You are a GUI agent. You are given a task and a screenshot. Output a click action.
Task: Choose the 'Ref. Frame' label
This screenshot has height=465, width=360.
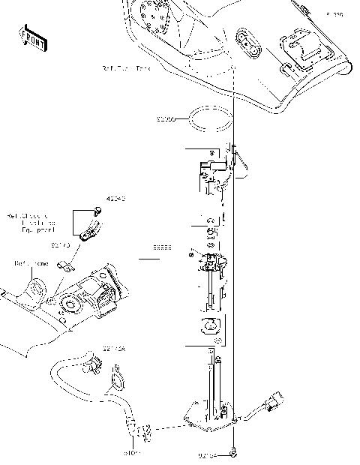31,264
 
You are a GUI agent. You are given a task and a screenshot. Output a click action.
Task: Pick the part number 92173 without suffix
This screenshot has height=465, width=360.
61,244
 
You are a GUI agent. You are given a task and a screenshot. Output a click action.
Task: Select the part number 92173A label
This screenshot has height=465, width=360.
115,349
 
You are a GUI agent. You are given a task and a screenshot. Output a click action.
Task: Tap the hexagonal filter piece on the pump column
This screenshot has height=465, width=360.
211,325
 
